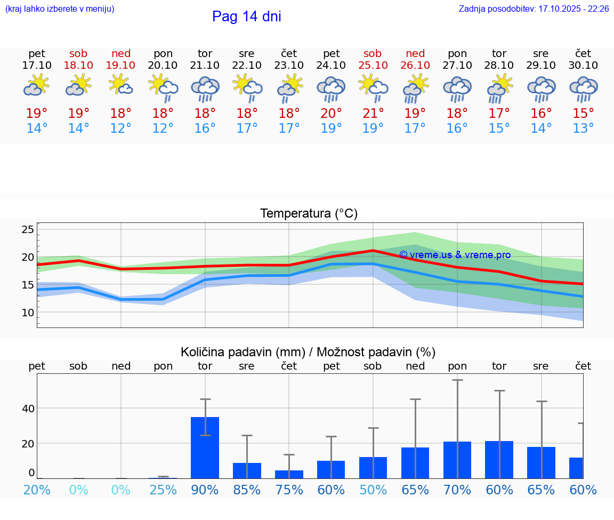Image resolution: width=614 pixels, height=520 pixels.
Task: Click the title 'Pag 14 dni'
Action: point(246,17)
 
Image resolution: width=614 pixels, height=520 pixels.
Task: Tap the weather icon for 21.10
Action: point(205,89)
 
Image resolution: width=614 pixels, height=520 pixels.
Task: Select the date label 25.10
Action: point(373,65)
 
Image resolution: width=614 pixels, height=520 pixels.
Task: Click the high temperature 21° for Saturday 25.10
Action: point(373,114)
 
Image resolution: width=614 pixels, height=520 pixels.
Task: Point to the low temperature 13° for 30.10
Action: point(583,129)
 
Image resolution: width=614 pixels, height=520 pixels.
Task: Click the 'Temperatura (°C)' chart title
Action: point(309,214)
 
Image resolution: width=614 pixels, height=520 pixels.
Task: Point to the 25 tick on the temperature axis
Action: point(28,229)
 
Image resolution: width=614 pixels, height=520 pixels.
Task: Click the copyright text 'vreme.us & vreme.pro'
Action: point(455,255)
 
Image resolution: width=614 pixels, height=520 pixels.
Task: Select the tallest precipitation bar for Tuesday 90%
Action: point(205,447)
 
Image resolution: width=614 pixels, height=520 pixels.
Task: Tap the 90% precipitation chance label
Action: point(205,490)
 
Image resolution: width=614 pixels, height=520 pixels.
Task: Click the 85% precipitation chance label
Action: point(247,490)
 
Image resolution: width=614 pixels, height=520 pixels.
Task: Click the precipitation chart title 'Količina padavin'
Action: point(308,352)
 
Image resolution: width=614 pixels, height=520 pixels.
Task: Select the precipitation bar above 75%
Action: point(289,474)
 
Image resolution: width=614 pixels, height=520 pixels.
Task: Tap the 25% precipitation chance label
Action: point(163,490)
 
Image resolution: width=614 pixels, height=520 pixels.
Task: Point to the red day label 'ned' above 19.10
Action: point(121,53)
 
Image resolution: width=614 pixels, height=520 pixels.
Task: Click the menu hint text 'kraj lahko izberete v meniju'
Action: point(60,9)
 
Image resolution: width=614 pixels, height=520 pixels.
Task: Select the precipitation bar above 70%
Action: point(457,460)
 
